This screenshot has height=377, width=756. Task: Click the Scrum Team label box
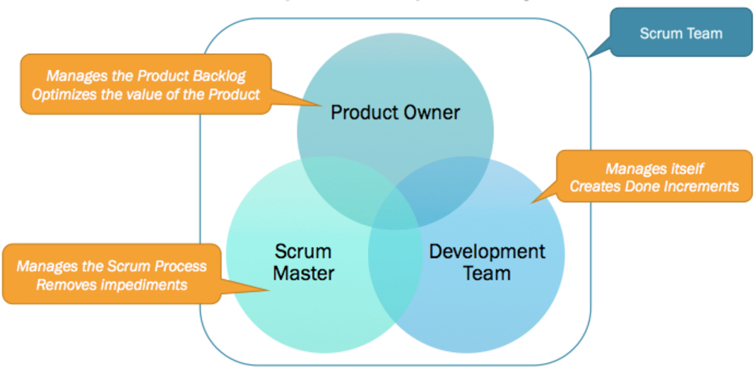click(680, 33)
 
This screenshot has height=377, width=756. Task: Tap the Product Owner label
click(395, 112)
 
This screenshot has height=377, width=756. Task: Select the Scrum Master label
click(303, 262)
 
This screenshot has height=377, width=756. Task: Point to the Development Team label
click(487, 262)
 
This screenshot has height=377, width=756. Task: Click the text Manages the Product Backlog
click(146, 76)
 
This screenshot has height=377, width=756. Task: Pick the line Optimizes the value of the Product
click(146, 93)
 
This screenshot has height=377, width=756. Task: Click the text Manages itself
click(654, 169)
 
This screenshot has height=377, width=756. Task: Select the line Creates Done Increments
click(654, 186)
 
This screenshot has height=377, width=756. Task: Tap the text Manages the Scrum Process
click(112, 267)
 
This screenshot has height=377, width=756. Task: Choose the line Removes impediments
click(112, 284)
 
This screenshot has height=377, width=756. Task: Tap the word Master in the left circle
click(303, 272)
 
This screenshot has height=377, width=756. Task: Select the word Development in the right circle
click(487, 251)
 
